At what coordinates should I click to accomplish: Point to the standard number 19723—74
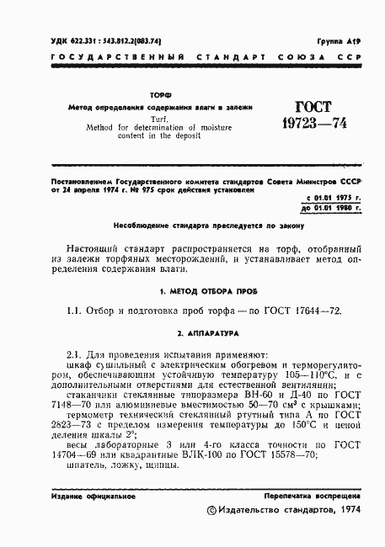[x=311, y=127]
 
